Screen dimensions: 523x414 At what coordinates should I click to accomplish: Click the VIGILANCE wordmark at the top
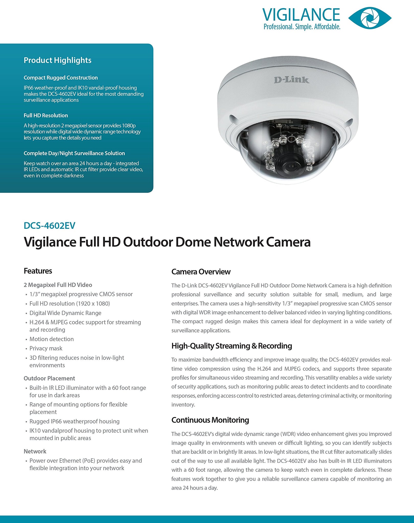[x=301, y=15]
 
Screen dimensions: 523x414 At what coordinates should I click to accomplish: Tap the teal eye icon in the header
[x=370, y=18]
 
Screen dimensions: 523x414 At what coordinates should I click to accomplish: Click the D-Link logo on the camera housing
[x=291, y=80]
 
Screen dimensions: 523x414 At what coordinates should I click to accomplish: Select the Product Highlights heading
[x=57, y=60]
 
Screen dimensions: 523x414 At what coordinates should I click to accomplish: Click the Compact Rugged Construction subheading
[x=61, y=78]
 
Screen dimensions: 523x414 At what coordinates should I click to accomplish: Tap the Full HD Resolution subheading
[x=46, y=115]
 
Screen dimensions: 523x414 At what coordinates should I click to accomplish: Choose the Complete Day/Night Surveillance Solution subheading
[x=74, y=153]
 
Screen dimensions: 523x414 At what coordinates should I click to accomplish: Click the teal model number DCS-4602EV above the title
[x=49, y=225]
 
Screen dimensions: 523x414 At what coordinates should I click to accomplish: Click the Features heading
[x=38, y=271]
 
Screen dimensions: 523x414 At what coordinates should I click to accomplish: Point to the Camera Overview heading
[x=201, y=272]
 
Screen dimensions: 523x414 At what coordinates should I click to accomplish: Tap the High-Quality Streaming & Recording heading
[x=232, y=346]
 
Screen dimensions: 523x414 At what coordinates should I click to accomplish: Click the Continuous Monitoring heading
[x=210, y=420]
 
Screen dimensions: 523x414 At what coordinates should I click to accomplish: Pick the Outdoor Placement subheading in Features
[x=49, y=378]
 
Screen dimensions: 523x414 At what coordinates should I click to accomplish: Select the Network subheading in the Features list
[x=35, y=451]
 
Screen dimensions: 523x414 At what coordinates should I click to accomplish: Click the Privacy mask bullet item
[x=46, y=348]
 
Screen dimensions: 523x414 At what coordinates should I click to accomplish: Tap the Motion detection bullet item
[x=51, y=339]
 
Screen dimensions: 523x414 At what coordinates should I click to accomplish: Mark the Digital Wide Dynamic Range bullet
[x=65, y=313]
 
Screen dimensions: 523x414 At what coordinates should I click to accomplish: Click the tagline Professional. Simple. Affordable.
[x=302, y=27]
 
